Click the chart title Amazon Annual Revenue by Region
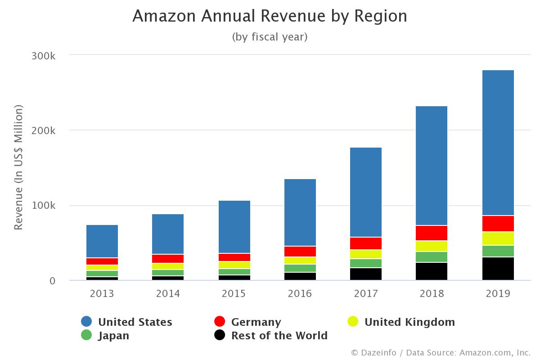point(270,16)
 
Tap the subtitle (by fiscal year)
point(270,37)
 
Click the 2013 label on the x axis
point(102,294)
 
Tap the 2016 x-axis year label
point(300,294)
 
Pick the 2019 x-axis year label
point(498,294)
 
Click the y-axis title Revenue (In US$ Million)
point(18,167)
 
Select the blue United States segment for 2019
point(498,143)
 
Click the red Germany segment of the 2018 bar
point(432,233)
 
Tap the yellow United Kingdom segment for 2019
point(498,238)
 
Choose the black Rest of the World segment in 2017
point(365,274)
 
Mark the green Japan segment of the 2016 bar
point(300,268)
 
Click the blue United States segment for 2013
point(102,241)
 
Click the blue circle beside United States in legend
point(86,322)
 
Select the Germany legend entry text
point(256,322)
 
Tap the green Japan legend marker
point(86,335)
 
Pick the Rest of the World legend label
point(279,336)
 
